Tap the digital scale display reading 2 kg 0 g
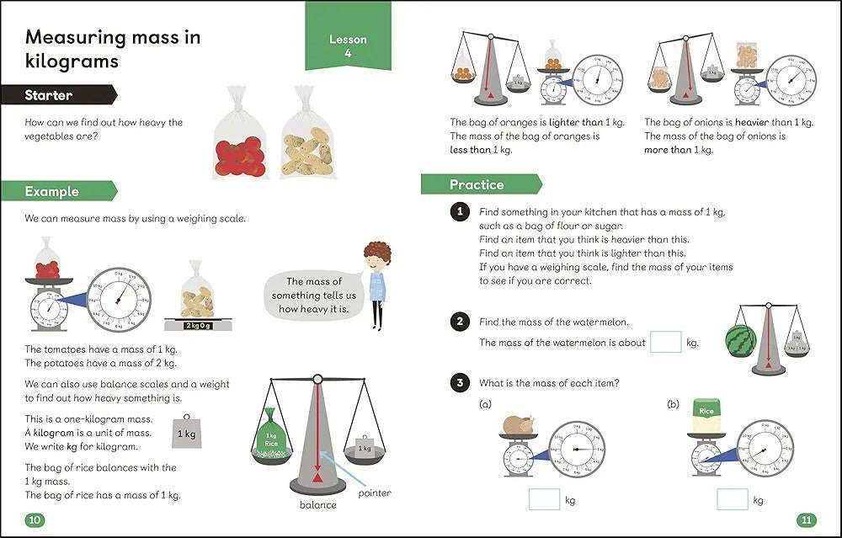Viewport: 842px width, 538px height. (x=198, y=325)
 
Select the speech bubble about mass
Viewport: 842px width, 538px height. (x=313, y=295)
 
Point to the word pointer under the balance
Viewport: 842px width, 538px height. (x=375, y=493)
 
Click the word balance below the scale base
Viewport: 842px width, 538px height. (x=317, y=505)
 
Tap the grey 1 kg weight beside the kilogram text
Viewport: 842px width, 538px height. (x=186, y=434)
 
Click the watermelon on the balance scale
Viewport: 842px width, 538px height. (x=741, y=340)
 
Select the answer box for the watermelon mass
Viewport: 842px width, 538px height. (x=666, y=342)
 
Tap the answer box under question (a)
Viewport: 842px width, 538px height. (x=544, y=499)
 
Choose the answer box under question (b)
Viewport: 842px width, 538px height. (x=732, y=499)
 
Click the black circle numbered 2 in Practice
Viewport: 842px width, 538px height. (x=459, y=322)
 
